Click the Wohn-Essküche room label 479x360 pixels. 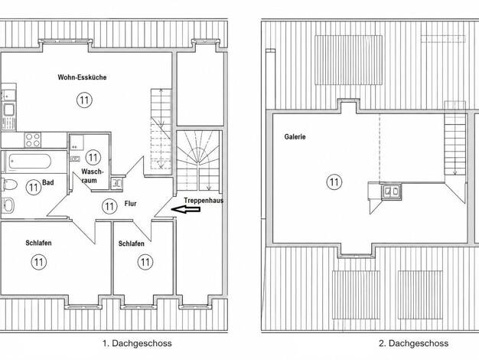pos(82,77)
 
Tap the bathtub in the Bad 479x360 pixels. pos(30,161)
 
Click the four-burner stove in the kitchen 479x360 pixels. pos(33,139)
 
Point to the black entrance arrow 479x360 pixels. pos(186,210)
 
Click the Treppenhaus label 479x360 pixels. pos(204,201)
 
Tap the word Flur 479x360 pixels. pos(130,204)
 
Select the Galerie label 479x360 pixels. pos(295,136)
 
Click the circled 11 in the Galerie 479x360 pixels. pos(334,182)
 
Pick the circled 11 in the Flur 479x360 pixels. pos(109,207)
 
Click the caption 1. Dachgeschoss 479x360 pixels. pos(137,343)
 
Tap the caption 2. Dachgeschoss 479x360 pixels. pos(414,343)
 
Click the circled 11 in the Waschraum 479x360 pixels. pos(93,158)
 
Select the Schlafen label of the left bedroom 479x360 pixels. pos(38,243)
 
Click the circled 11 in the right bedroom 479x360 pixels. pos(145,262)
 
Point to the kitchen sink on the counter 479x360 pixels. pos(8,110)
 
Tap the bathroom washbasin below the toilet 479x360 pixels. pos(8,205)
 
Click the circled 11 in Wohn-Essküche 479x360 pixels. pos(84,100)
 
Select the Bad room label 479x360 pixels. pos(48,182)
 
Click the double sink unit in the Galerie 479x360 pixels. pos(391,191)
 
